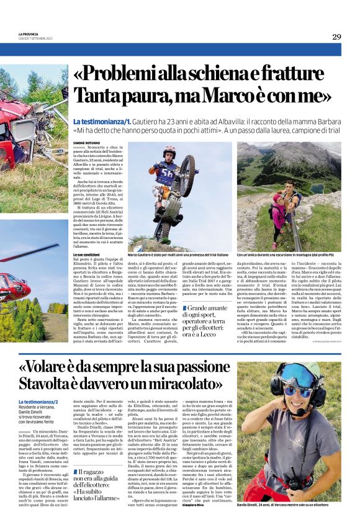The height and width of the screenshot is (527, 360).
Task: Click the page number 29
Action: [x=336, y=37]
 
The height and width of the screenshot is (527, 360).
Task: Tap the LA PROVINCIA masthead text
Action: [x=29, y=34]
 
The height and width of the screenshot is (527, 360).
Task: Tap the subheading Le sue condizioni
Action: [x=88, y=255]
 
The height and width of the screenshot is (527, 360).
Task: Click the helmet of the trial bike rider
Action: [x=169, y=151]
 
